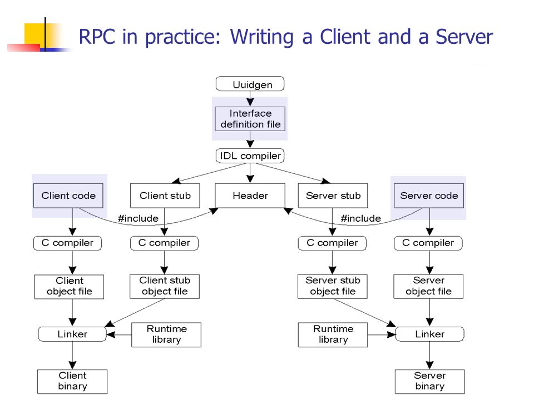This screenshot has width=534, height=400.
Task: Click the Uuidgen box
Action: point(250,84)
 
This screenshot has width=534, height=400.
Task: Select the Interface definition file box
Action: point(250,119)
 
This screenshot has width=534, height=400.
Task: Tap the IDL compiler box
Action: point(250,156)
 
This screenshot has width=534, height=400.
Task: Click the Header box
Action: point(250,196)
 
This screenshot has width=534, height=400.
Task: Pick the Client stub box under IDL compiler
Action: point(165,196)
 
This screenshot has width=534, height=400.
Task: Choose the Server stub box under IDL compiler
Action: point(333,196)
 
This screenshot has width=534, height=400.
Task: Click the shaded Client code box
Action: point(68,196)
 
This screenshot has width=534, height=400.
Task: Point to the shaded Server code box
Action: point(429,196)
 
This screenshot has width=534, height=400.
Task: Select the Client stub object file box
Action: point(165,287)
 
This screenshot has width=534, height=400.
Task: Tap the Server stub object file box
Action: point(333,287)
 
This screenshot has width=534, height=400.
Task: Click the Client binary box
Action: point(72,382)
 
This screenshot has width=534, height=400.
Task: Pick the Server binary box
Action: point(430,382)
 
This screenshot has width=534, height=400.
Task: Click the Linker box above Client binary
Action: point(72,334)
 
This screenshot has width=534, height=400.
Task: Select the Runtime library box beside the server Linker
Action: point(333,334)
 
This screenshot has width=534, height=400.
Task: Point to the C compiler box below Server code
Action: point(428,243)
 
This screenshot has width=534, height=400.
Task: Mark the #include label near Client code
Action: point(138,218)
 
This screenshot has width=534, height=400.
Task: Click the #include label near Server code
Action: point(360,218)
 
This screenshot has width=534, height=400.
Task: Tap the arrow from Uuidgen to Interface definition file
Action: point(250,99)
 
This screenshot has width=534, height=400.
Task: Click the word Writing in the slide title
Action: point(261,37)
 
